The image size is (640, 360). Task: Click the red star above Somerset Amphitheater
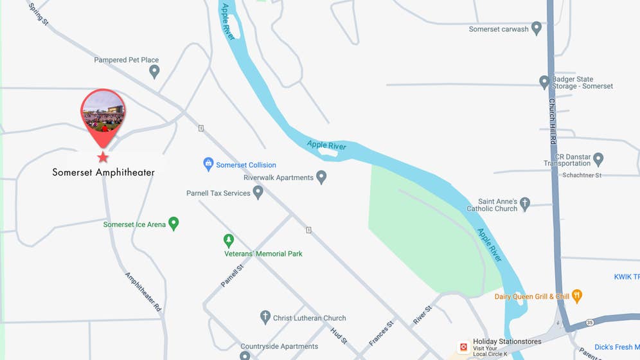tap(103, 157)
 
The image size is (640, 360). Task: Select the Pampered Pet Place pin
tap(154, 71)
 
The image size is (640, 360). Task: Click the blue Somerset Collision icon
tap(208, 165)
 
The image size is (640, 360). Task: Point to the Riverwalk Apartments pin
tap(321, 177)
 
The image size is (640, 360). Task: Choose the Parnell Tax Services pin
tap(258, 192)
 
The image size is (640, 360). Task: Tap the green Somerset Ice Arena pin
tap(173, 223)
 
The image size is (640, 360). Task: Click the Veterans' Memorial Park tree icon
tap(228, 240)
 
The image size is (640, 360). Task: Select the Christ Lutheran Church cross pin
tap(265, 317)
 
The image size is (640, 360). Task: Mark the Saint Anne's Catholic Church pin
tap(525, 204)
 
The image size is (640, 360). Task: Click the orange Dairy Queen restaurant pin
tap(577, 296)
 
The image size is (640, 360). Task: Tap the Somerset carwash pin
tap(537, 29)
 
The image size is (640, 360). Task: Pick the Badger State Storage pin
tap(544, 82)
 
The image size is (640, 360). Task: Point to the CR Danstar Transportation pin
tap(598, 158)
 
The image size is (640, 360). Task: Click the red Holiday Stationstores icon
tap(463, 347)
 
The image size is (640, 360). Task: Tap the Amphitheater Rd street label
tap(143, 292)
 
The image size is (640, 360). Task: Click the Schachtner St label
tap(582, 175)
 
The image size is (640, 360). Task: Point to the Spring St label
tap(39, 13)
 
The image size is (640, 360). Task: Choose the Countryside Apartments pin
tap(245, 355)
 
